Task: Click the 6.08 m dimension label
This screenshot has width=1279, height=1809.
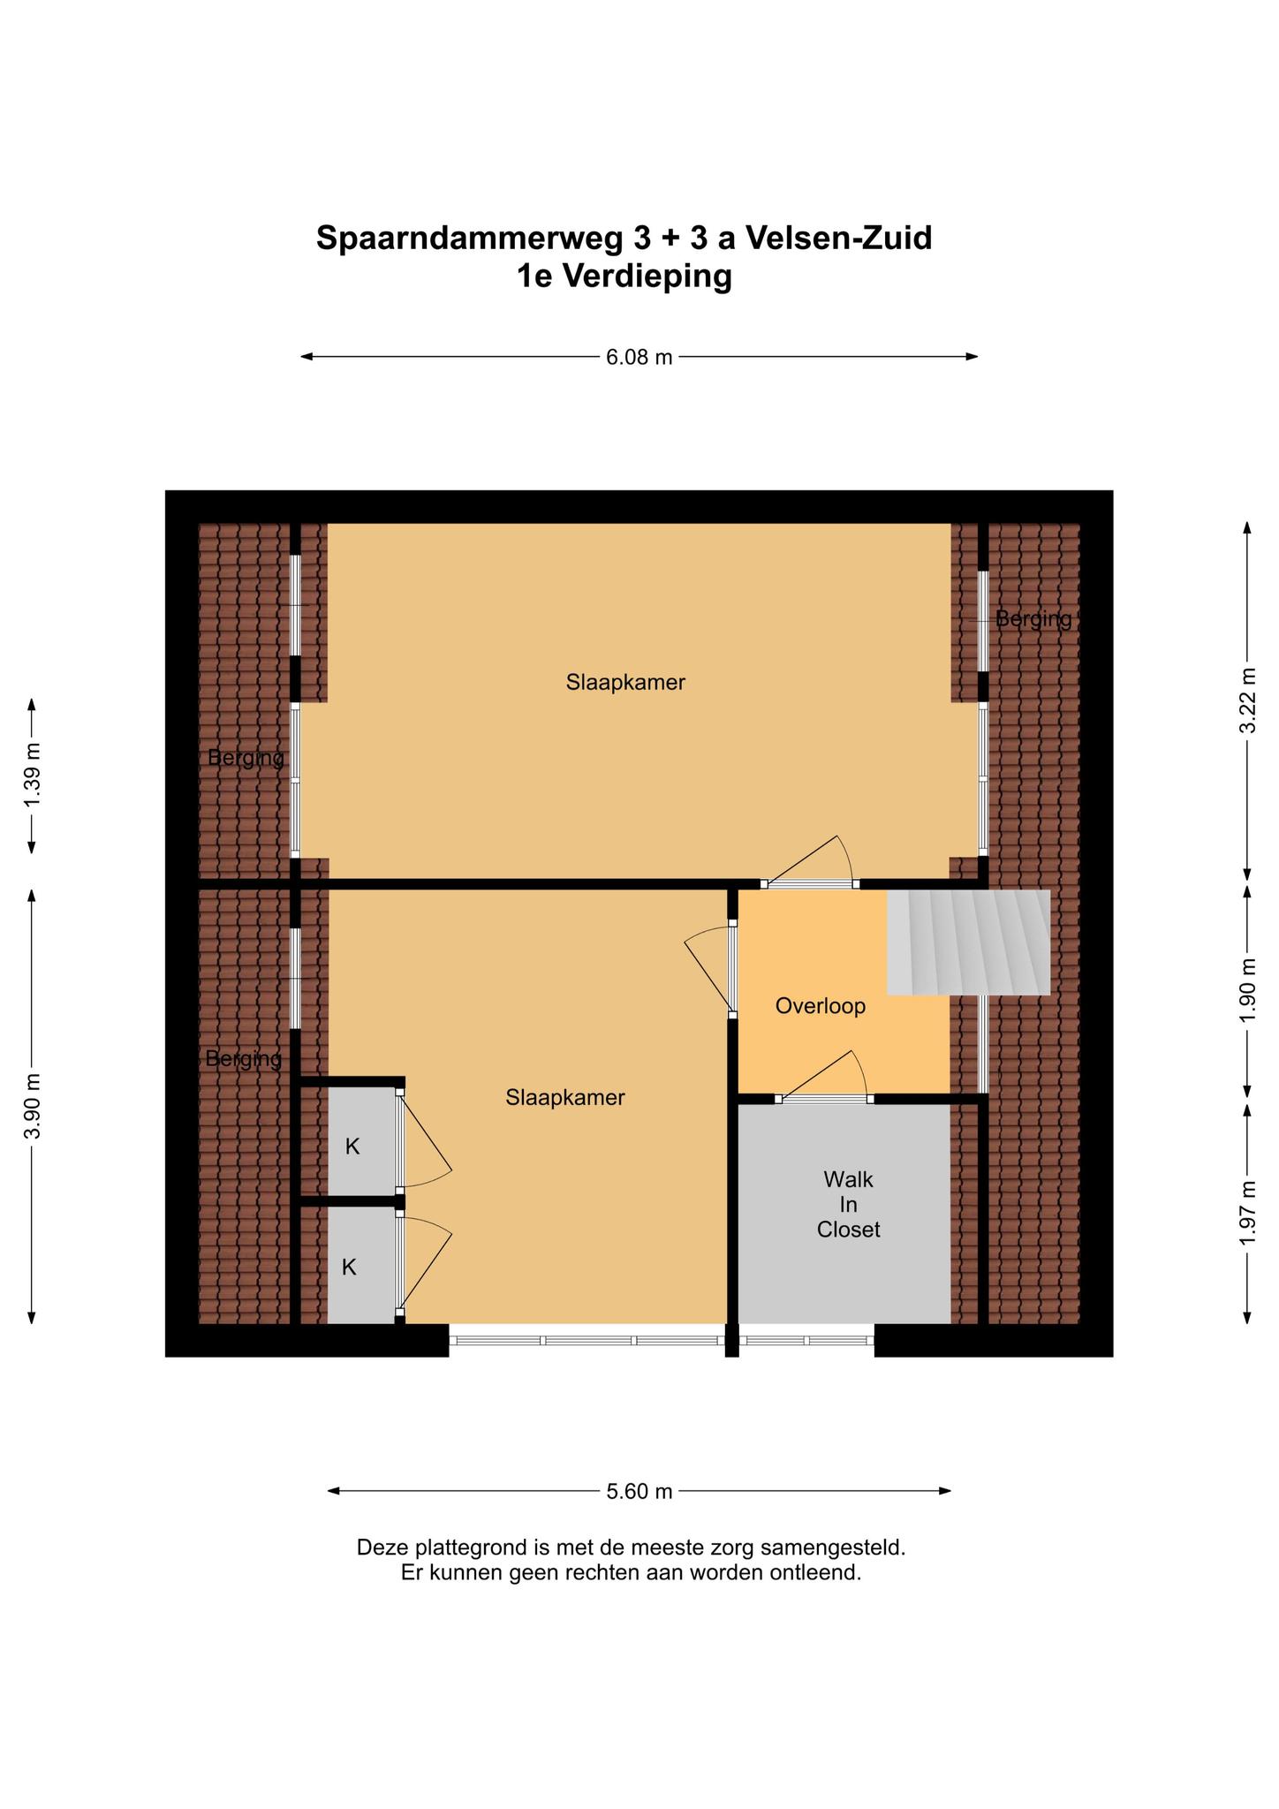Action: pyautogui.click(x=639, y=357)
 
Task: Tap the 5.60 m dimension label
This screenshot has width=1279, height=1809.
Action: pyautogui.click(x=639, y=1492)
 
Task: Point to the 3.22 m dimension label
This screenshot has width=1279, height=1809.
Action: pyautogui.click(x=1247, y=700)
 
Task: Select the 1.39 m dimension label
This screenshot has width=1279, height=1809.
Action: pyautogui.click(x=32, y=775)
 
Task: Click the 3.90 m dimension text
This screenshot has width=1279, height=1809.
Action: pyautogui.click(x=32, y=1106)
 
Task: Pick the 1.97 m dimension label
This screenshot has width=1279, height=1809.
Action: pyautogui.click(x=1247, y=1214)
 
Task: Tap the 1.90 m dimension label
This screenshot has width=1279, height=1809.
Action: pyautogui.click(x=1247, y=991)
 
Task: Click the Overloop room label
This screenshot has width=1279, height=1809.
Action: pyautogui.click(x=820, y=1006)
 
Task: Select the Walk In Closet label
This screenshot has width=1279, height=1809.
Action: pyautogui.click(x=848, y=1204)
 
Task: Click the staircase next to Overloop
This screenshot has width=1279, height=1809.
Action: pyautogui.click(x=968, y=942)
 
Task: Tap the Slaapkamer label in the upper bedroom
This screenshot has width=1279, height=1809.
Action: pyautogui.click(x=625, y=683)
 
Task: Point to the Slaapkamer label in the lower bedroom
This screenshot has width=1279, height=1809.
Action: pyautogui.click(x=565, y=1098)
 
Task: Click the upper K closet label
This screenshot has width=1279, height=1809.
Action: pyautogui.click(x=352, y=1147)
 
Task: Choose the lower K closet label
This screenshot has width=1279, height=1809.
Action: pyautogui.click(x=349, y=1268)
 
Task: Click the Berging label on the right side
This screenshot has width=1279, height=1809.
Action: pyautogui.click(x=1033, y=619)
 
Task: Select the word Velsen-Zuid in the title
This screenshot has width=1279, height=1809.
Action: pyautogui.click(x=839, y=238)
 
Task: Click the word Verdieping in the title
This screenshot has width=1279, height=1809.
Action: pyautogui.click(x=647, y=276)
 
